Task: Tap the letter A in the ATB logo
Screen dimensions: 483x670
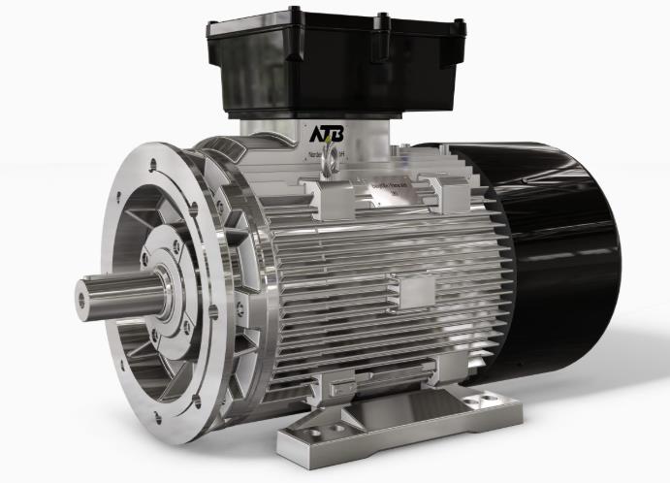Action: [x=318, y=133]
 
